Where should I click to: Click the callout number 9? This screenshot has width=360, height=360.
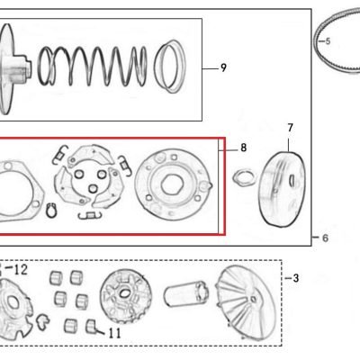tap(223, 67)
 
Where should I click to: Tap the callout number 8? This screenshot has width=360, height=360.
tap(244, 148)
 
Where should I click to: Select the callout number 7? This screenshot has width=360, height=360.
tap(290, 128)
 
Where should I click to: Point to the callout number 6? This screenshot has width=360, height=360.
tap(325, 238)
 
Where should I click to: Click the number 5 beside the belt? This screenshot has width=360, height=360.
tap(328, 41)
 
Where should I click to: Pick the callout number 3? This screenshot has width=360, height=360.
tap(296, 278)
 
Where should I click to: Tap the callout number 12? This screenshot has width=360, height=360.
tap(21, 270)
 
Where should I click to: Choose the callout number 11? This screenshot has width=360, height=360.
tap(114, 333)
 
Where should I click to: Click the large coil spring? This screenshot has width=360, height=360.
tap(93, 66)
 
